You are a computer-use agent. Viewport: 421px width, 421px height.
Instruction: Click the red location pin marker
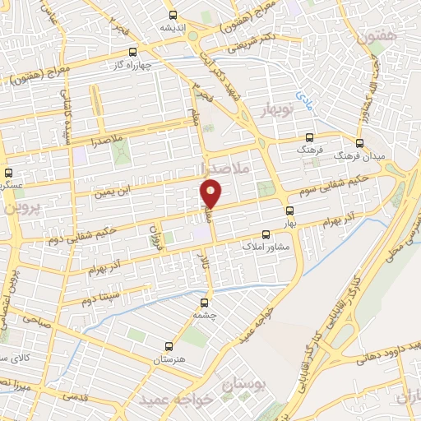[211, 192]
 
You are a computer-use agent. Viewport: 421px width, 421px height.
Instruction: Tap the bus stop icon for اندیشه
[173, 15]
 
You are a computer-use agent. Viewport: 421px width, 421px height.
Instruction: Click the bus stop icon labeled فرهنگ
[309, 138]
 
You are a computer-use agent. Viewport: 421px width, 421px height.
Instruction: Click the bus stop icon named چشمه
[210, 302]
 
